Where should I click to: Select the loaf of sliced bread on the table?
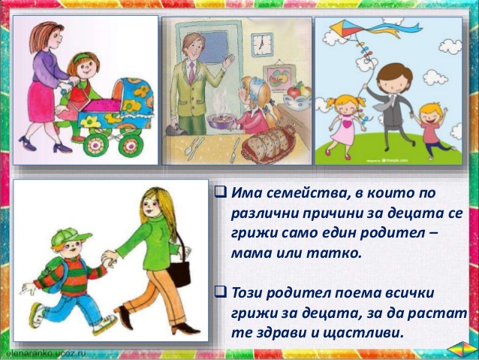(269, 142)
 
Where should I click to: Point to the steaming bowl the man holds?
(220, 121)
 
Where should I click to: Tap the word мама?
(249, 253)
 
